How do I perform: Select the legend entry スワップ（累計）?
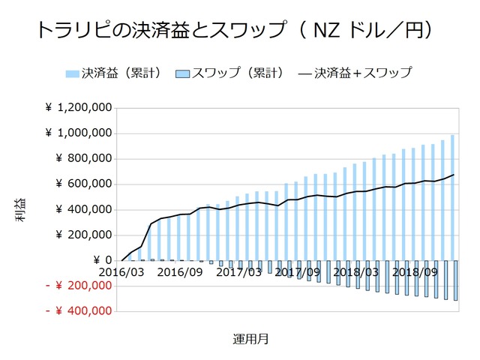pos(229,73)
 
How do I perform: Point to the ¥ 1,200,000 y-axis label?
pos(79,108)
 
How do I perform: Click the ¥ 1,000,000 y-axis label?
pos(79,133)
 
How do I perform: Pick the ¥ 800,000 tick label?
pos(84,159)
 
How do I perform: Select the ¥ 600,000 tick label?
pos(84,184)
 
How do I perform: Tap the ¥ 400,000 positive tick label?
pos(84,209)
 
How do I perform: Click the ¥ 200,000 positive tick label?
pos(84,235)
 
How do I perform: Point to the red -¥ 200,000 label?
pos(79,286)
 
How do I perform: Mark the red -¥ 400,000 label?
pos(79,310)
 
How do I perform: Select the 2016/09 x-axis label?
pos(181,271)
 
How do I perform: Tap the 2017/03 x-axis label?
pos(238,271)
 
